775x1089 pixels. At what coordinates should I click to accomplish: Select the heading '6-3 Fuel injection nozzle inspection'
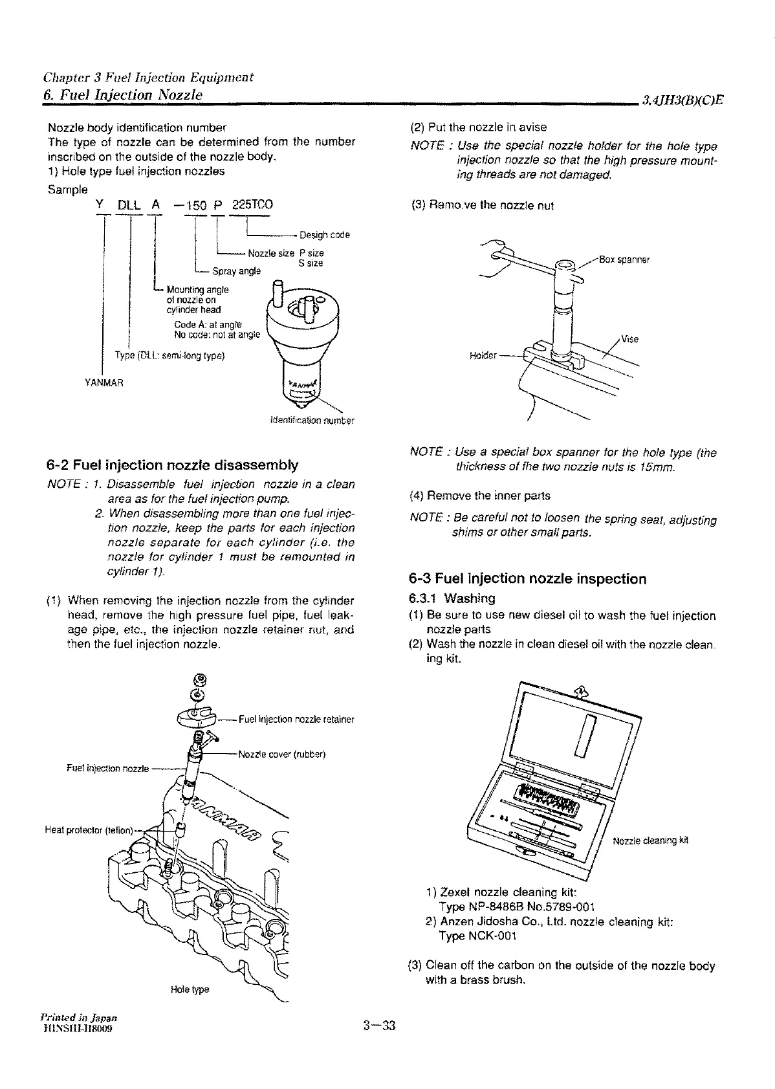528,578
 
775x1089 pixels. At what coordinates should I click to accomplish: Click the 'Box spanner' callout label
624,260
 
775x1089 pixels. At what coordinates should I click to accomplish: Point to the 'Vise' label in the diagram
629,339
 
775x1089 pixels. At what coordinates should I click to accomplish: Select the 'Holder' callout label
483,357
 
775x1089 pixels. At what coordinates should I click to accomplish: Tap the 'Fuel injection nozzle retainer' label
296,720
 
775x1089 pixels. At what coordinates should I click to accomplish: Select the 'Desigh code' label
325,235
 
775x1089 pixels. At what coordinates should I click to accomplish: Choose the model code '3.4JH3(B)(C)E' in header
682,100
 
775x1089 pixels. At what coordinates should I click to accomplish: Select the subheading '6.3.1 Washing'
452,599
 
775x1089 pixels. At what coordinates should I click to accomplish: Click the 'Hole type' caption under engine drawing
190,990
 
